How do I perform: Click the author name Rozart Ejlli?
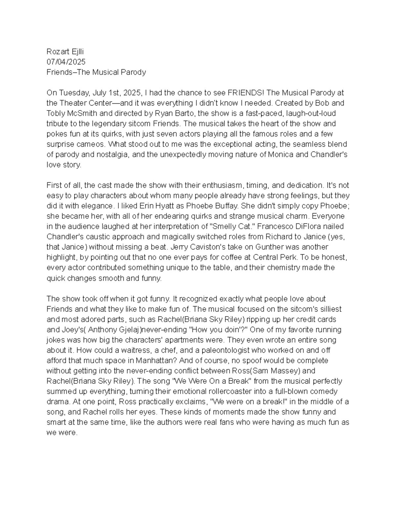pyautogui.click(x=65, y=52)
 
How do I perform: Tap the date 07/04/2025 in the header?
pyautogui.click(x=66, y=62)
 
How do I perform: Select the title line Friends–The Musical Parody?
pyautogui.click(x=96, y=72)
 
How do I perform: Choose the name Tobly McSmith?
pyautogui.click(x=72, y=114)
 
